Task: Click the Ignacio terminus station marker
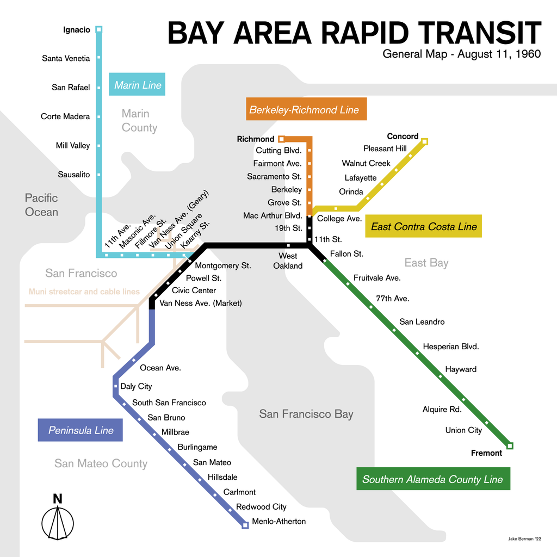pos(98,29)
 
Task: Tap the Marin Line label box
pos(137,85)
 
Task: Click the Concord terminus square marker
pos(425,141)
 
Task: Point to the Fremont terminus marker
pos(510,446)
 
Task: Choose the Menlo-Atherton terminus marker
pos(245,525)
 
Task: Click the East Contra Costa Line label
pos(424,227)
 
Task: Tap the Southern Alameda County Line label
pos(432,479)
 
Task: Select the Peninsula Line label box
pos(81,430)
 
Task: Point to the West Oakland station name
pos(288,261)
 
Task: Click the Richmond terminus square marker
pos(281,139)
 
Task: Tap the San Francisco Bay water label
pos(306,414)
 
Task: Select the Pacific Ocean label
pos(41,205)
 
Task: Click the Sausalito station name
pos(74,175)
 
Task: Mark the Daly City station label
pos(136,386)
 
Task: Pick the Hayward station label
pos(461,369)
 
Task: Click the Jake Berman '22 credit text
pos(524,539)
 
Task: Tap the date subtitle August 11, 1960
pos(461,54)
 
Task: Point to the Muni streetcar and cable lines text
pos(84,292)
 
